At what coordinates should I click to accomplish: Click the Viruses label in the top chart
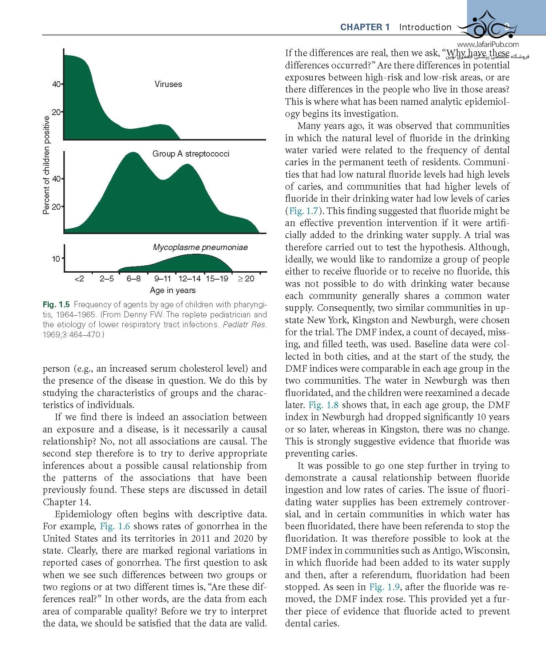(x=168, y=84)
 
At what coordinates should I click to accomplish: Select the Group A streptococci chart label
(x=191, y=154)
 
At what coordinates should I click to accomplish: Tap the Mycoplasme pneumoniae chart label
(x=200, y=247)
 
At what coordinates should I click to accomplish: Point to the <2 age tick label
(x=79, y=278)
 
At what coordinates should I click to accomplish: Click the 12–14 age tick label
(x=189, y=278)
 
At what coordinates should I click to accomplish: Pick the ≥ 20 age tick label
(x=246, y=278)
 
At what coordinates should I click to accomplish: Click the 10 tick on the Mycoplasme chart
(x=56, y=259)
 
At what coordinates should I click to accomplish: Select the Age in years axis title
(x=173, y=290)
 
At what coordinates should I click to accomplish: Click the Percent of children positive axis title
(x=46, y=165)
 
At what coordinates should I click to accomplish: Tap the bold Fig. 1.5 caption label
(x=56, y=304)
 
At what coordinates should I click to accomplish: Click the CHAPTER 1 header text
(x=365, y=27)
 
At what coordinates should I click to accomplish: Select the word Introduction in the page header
(x=425, y=27)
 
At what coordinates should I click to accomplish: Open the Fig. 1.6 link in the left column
(x=115, y=526)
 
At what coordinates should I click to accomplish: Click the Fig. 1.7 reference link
(x=304, y=211)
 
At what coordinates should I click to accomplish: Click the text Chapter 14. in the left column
(x=67, y=502)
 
